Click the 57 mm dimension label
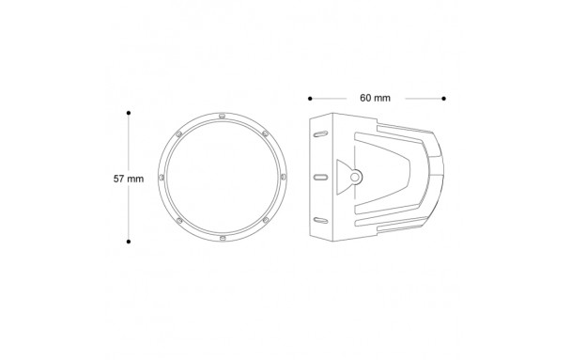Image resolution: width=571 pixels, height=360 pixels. click(x=129, y=179)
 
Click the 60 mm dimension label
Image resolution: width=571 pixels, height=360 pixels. click(x=375, y=98)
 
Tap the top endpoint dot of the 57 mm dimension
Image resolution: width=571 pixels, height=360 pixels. click(x=129, y=113)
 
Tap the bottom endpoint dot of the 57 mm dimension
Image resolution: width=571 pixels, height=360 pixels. click(x=129, y=242)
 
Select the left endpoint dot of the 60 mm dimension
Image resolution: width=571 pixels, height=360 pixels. click(x=310, y=99)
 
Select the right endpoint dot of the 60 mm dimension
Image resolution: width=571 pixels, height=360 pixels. click(x=443, y=99)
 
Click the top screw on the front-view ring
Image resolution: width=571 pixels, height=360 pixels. click(x=223, y=117)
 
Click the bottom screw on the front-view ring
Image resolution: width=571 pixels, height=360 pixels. click(x=223, y=239)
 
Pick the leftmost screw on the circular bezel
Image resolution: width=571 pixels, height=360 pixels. click(x=162, y=177)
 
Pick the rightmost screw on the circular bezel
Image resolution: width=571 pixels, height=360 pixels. click(x=284, y=177)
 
